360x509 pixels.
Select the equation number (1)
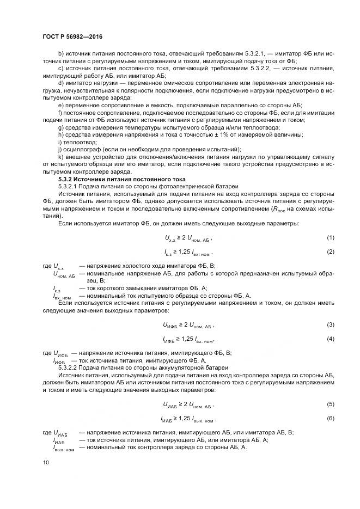(x=330, y=238)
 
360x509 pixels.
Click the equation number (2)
(x=330, y=252)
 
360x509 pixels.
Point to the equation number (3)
(x=330, y=324)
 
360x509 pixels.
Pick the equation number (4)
(x=330, y=339)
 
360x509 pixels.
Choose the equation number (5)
(x=330, y=404)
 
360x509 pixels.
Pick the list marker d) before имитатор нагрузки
(x=60, y=83)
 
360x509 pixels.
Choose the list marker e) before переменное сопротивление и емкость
(x=60, y=105)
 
